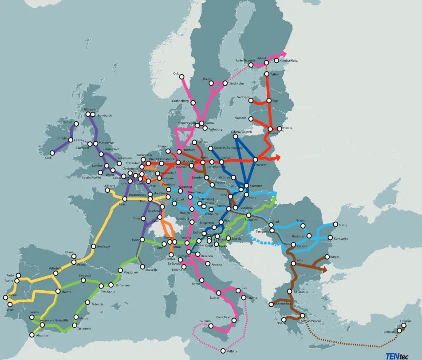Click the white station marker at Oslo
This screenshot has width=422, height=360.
point(181,77)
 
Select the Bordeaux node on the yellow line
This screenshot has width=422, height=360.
point(94,246)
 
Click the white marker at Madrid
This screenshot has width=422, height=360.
point(58,291)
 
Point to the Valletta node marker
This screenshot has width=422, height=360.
point(222,351)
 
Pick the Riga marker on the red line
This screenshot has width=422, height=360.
point(268,101)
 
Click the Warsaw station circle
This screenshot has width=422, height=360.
point(256,159)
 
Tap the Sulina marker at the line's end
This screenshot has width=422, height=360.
point(335,224)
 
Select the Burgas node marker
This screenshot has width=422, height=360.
point(327,257)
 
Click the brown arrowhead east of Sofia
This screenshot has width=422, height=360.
point(325,269)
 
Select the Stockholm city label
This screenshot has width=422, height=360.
point(237,83)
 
